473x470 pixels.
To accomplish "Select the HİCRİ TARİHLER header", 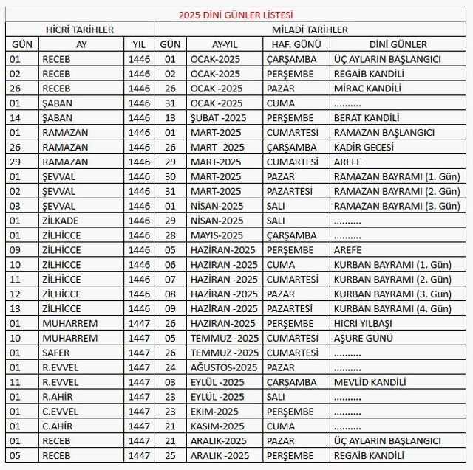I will [x=80, y=30].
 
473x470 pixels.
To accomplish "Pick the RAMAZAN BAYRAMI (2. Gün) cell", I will [x=392, y=191].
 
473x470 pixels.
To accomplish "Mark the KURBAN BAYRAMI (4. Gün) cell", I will [x=392, y=308].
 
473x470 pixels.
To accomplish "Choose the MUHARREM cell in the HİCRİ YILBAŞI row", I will [x=69, y=323].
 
